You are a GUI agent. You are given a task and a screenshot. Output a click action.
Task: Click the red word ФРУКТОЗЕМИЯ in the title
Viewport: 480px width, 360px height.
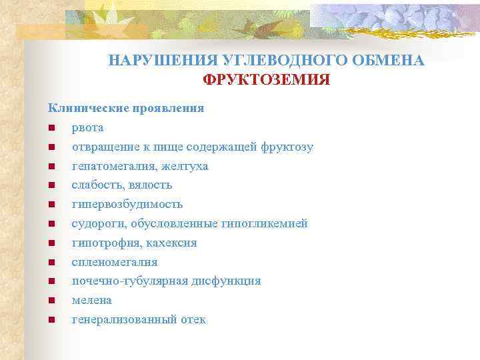(x=267, y=81)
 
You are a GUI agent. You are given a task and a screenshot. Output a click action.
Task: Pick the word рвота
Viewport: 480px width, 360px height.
(x=88, y=127)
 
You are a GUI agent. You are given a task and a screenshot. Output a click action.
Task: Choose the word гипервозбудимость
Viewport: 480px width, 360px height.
(x=127, y=204)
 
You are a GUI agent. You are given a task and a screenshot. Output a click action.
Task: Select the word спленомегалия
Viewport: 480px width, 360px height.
(x=115, y=262)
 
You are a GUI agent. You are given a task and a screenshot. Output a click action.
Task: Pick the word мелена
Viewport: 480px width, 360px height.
(x=92, y=300)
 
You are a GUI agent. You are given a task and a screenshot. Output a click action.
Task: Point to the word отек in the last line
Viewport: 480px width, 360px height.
(x=193, y=319)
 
